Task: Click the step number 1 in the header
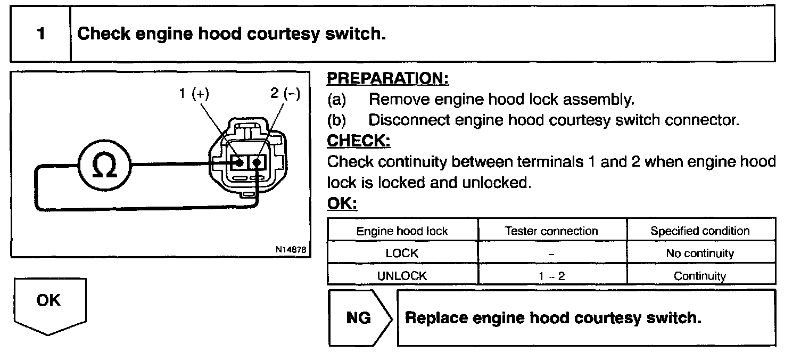[41, 34]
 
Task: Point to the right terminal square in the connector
[258, 161]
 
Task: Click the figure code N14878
[291, 249]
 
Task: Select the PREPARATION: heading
[387, 78]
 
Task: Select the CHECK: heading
[358, 141]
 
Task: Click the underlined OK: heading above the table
[342, 204]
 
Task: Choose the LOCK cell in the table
[402, 253]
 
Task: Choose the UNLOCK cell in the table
[402, 276]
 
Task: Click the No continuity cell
[700, 253]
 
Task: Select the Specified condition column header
[700, 231]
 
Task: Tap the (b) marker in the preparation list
[336, 120]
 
